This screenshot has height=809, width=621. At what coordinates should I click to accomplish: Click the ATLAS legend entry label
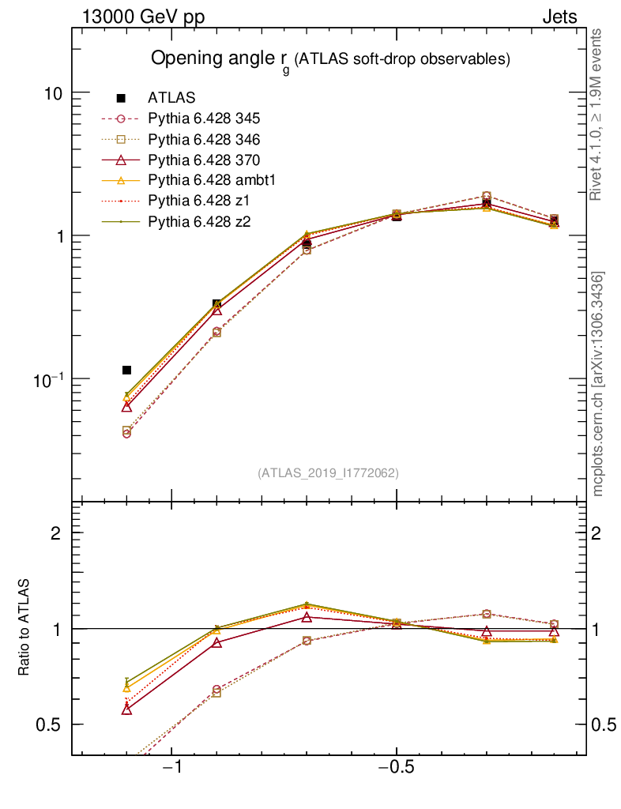171,98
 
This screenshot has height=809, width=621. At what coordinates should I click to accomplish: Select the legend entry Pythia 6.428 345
204,119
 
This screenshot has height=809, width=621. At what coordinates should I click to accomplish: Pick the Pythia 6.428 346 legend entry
204,139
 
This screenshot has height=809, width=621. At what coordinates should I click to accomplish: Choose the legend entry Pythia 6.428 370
204,160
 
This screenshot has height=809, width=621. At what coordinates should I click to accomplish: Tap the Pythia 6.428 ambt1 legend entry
209,180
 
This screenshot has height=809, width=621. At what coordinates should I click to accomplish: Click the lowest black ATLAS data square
126,370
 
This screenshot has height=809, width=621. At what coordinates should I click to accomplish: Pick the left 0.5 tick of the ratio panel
50,724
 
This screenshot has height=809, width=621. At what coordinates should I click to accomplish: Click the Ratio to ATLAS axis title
25,628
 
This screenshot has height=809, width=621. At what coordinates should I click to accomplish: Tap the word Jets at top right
559,17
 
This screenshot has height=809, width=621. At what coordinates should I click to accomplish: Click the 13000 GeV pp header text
142,17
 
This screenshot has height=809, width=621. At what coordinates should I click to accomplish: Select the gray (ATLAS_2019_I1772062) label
328,473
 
